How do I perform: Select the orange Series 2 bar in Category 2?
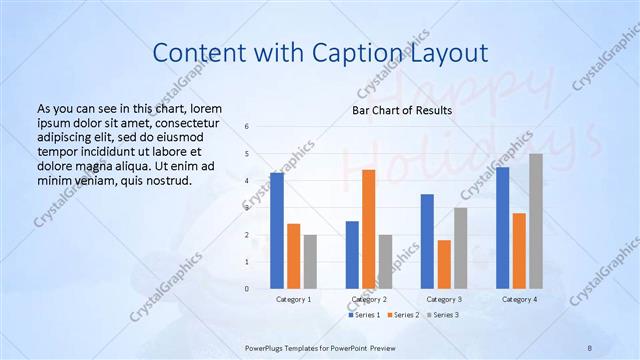[368, 229]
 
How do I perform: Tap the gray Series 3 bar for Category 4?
[536, 221]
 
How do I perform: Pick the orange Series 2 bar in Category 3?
[444, 264]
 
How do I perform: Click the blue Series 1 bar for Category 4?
[502, 228]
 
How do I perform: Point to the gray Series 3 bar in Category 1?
[310, 261]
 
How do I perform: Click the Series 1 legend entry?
[364, 315]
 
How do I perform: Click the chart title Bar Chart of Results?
[402, 110]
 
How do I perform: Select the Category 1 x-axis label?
[293, 299]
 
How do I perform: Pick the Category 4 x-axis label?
[519, 299]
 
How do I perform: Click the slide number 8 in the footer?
[590, 346]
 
